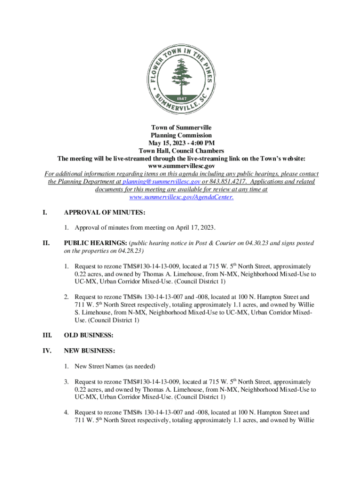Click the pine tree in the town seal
click(181, 71)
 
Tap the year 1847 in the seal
click(181, 98)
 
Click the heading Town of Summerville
click(181, 128)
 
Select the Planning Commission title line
click(181, 136)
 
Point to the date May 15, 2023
click(166, 143)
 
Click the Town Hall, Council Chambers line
click(181, 151)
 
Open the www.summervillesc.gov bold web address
click(181, 166)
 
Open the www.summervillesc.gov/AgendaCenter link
click(181, 197)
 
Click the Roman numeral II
click(46, 243)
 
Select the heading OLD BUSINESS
click(89, 335)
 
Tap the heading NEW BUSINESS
click(90, 351)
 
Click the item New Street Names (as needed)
click(115, 366)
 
